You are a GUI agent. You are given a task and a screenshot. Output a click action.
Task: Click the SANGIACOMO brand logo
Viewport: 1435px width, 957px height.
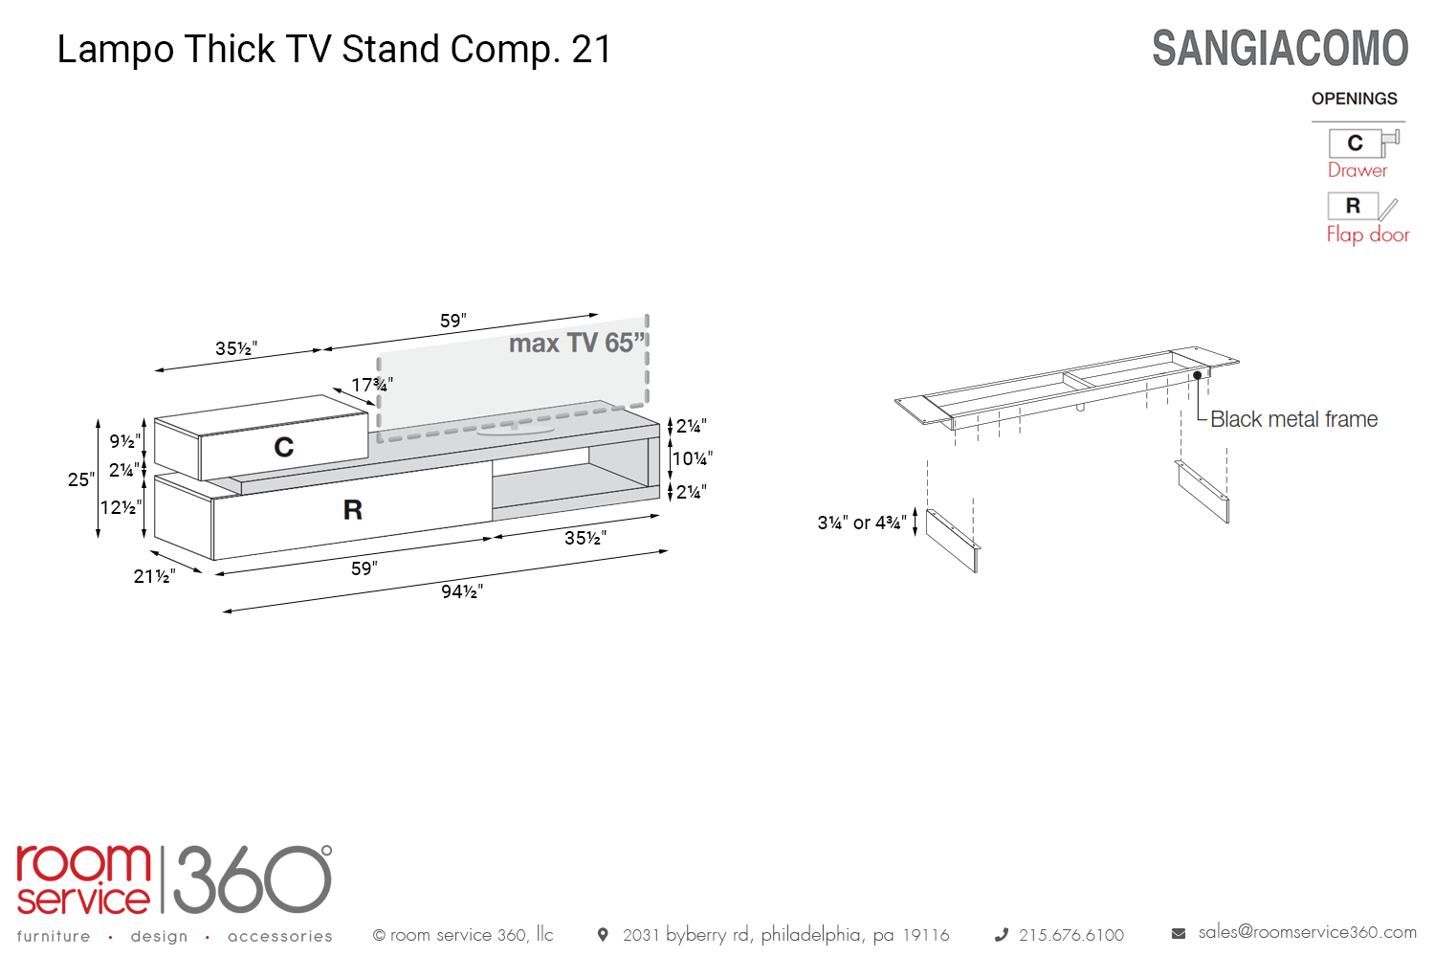(x=1280, y=49)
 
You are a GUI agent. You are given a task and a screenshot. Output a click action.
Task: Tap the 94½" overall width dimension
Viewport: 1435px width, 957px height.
(x=462, y=591)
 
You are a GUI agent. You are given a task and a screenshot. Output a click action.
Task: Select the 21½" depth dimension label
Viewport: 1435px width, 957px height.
(x=154, y=576)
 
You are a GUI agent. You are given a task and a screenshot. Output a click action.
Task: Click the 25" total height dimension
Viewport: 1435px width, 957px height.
(x=80, y=478)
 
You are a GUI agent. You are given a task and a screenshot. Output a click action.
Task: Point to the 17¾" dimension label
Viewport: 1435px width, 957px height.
(x=371, y=385)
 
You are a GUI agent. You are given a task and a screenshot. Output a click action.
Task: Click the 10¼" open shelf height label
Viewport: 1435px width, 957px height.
(x=692, y=458)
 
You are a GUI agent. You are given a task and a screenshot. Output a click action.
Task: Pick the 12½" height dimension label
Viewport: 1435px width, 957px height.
(x=121, y=507)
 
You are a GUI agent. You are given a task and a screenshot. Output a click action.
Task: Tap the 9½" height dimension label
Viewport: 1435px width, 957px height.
(x=124, y=441)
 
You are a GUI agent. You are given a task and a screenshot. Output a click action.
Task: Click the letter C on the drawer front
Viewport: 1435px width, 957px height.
(x=284, y=447)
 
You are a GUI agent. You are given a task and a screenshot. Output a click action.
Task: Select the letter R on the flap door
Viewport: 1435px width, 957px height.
(x=353, y=509)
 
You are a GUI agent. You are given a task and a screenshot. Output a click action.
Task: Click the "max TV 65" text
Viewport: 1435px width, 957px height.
(x=576, y=343)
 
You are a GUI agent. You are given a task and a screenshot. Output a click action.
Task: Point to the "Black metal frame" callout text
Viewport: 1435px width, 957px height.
(x=1293, y=418)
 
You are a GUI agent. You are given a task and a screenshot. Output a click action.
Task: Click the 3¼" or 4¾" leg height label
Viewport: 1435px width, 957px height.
(x=862, y=523)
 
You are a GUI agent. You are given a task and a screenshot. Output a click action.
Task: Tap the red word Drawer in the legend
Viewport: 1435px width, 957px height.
(x=1357, y=169)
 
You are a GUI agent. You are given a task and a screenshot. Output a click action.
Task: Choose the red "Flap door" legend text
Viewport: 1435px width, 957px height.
(x=1368, y=234)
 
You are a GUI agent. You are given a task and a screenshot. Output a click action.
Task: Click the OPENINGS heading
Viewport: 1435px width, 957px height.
(x=1355, y=99)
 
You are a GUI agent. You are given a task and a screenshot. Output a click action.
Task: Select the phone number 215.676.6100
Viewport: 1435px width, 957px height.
(x=1071, y=935)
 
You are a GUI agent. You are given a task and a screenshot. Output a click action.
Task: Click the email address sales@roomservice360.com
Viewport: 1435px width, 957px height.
(x=1307, y=932)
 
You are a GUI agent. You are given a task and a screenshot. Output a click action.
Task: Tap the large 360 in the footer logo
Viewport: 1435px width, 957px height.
(x=253, y=879)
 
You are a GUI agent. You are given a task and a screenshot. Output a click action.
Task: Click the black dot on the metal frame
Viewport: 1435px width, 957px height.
(x=1198, y=375)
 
